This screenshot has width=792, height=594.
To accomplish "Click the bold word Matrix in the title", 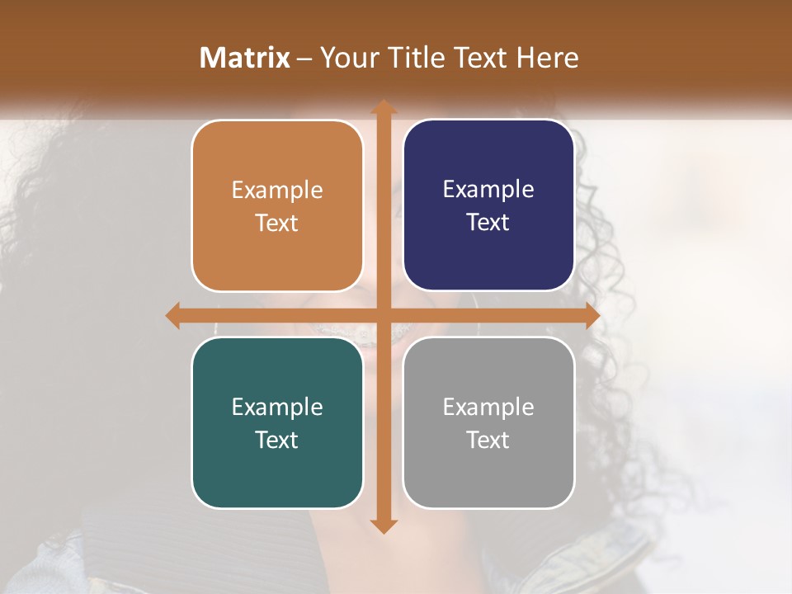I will point(245,58).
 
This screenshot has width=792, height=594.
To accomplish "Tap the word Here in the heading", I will point(547,58).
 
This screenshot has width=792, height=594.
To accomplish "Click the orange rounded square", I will point(277,205).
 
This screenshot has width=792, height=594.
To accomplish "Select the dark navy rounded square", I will point(488,205).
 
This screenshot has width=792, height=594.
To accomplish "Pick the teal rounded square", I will point(277,422).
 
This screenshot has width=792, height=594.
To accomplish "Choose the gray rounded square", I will point(488,422).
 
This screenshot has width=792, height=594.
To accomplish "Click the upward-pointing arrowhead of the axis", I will point(383,108).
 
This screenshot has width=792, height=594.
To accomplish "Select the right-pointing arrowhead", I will point(592,315).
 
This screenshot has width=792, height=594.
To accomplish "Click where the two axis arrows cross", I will point(383,315).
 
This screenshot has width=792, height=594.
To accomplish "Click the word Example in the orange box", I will point(277,191).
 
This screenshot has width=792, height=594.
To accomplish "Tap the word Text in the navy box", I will point(488,222).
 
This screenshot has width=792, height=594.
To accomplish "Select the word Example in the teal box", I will point(277,407).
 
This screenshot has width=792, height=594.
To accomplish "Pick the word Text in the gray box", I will point(488,440).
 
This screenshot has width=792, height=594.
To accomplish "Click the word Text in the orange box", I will point(277,223).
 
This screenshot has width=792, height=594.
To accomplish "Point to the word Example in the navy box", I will point(488,190).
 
